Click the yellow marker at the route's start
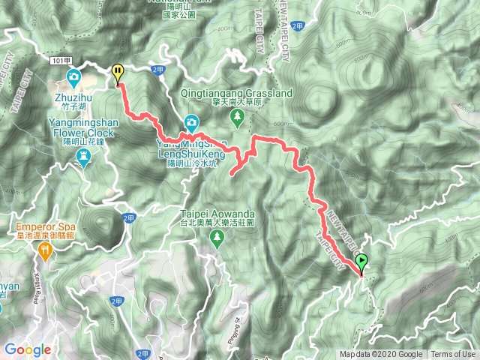pos(118,72)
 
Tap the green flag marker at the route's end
pos(361,262)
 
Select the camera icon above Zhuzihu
pos(73,77)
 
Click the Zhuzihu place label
pos(73,97)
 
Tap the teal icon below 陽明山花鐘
pos(84,156)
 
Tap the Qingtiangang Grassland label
pos(236,93)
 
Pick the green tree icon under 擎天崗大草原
pos(237,116)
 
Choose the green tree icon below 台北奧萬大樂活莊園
pos(217,239)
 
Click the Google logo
pos(28,349)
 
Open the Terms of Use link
pos(452,355)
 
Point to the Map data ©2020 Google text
pos(380,355)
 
